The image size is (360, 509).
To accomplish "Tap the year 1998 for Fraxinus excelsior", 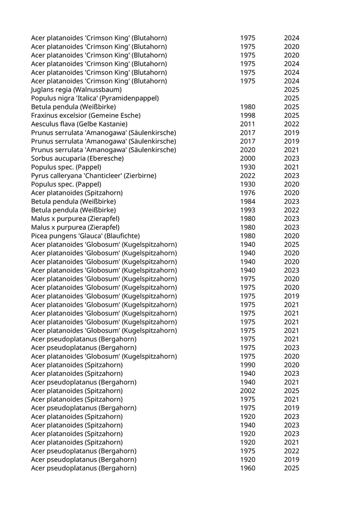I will (247, 115).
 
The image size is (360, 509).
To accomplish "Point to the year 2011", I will (247, 124).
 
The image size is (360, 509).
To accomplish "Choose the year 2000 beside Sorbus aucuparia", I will (247, 158).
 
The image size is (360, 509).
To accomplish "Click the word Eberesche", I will (103, 158).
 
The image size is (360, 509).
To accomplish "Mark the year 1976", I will (247, 193).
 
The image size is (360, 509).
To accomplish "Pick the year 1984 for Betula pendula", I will (247, 201).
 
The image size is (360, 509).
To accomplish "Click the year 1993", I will (247, 210).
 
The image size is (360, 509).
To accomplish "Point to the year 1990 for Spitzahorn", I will (247, 365).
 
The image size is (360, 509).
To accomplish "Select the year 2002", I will (247, 390).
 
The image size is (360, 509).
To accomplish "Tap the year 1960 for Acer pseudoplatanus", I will (247, 468).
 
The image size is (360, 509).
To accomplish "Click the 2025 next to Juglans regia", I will (292, 89).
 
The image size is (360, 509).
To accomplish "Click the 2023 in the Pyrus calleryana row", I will (292, 175).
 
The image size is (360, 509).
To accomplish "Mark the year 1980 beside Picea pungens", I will (247, 235).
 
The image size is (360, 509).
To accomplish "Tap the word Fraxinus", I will (45, 115).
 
